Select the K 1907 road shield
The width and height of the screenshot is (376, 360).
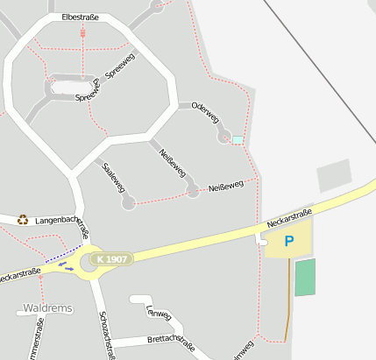[x=113, y=259]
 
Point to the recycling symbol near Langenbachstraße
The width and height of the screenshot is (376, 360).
[x=23, y=220]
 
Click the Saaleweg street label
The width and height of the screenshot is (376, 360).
[x=115, y=177]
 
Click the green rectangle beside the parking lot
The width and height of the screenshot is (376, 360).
[x=304, y=277]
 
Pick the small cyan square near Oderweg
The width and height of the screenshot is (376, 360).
[x=238, y=139]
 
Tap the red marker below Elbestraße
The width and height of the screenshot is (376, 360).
[x=82, y=32]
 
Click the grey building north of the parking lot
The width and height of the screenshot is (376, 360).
[x=333, y=175]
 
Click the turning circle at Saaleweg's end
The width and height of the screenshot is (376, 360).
[x=129, y=204]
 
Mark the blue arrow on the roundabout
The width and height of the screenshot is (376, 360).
[x=67, y=266]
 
